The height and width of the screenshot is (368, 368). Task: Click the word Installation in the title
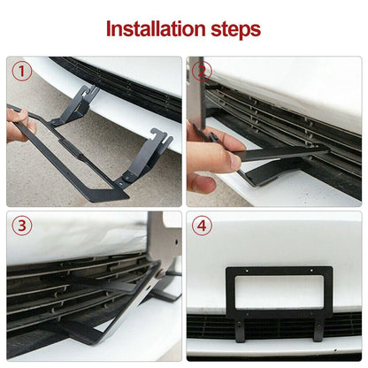(154, 28)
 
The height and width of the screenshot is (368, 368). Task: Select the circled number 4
(203, 226)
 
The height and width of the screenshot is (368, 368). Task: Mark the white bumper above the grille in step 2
(292, 80)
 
